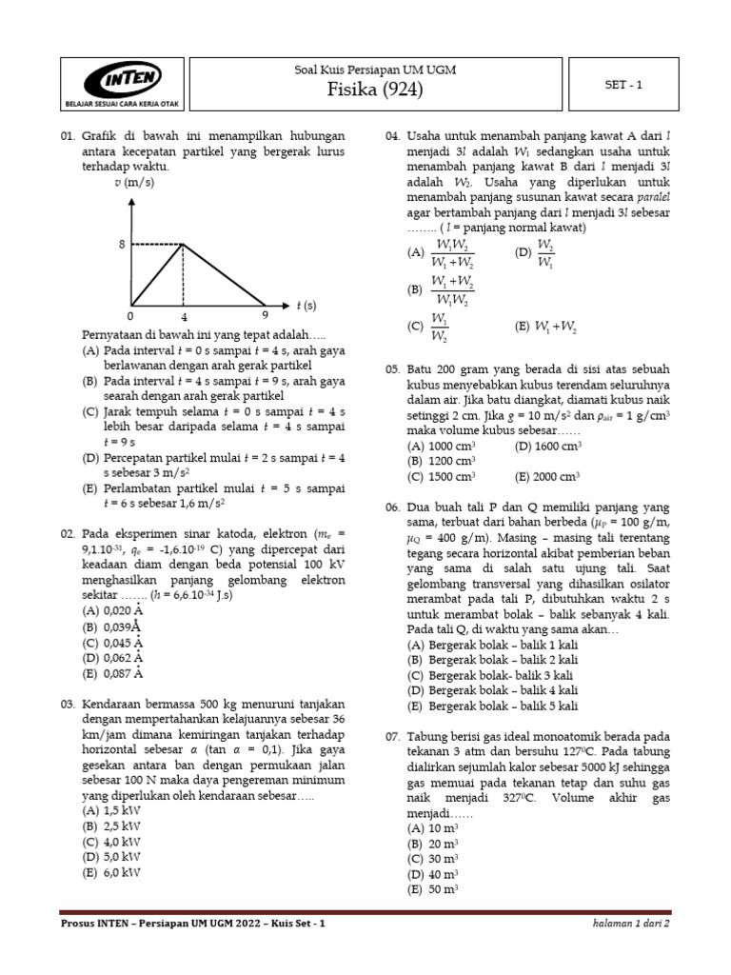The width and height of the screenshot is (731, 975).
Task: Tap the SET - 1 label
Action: pos(623,84)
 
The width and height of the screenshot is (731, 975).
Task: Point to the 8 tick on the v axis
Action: pos(122,245)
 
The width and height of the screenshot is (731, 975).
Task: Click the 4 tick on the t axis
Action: pos(184,315)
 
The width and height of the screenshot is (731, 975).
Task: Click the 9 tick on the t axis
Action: pos(265,315)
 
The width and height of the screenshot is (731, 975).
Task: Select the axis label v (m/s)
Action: pos(135,183)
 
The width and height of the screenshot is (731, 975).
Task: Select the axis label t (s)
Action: pos(306,306)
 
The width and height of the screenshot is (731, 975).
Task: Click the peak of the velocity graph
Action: pos(184,245)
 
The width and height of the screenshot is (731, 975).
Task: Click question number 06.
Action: pos(392,507)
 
